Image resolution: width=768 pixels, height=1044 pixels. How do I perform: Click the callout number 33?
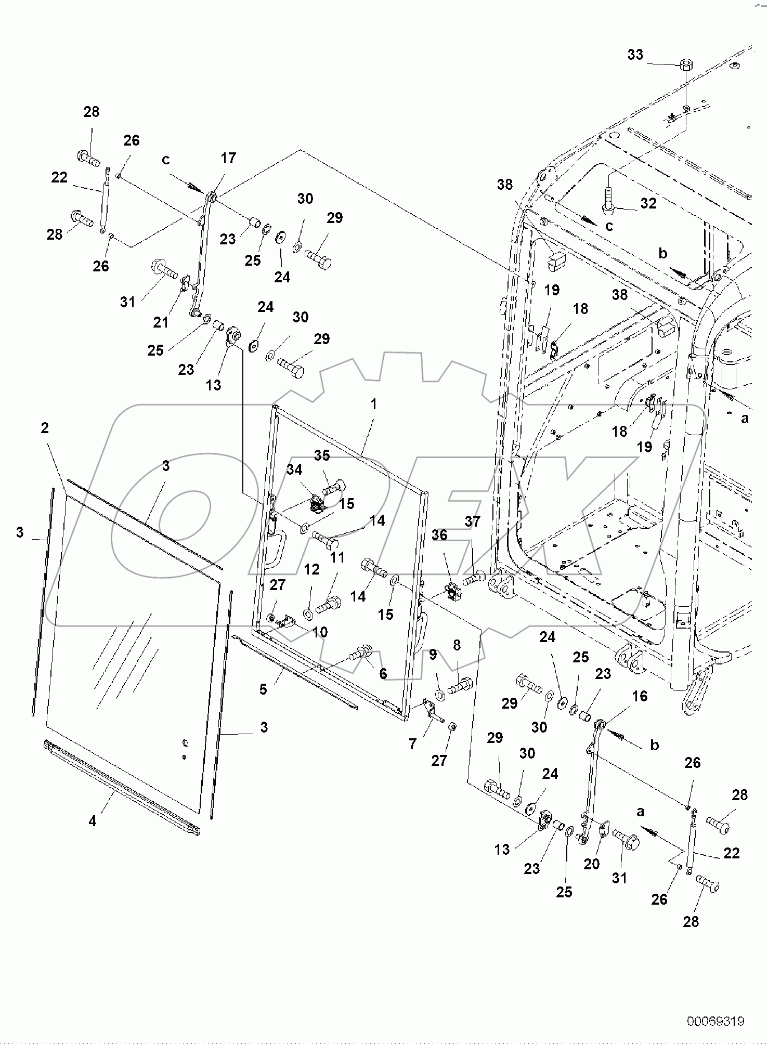[635, 55]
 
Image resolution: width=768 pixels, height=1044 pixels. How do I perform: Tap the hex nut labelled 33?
[686, 65]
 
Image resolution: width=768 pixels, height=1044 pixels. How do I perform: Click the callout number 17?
[228, 158]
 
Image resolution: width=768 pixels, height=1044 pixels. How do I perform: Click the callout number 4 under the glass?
[92, 821]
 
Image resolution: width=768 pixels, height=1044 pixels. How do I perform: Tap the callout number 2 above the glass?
[45, 428]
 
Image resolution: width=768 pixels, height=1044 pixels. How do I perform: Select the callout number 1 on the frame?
[373, 404]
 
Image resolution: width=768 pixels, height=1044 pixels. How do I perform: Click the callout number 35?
[322, 455]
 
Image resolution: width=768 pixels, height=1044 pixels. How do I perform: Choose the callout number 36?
[439, 535]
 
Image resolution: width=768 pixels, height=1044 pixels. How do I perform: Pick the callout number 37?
[472, 521]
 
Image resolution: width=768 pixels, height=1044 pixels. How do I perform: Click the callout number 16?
[640, 696]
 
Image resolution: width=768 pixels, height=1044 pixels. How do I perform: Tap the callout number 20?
[592, 864]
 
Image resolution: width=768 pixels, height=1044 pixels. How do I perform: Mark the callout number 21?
[161, 322]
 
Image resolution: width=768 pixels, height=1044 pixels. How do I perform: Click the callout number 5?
[263, 689]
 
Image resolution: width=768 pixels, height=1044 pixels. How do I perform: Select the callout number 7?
[412, 745]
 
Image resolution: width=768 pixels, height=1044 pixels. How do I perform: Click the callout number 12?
[311, 569]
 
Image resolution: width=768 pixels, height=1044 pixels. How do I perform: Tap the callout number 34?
[294, 469]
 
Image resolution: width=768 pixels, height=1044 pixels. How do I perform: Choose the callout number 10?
[320, 632]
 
